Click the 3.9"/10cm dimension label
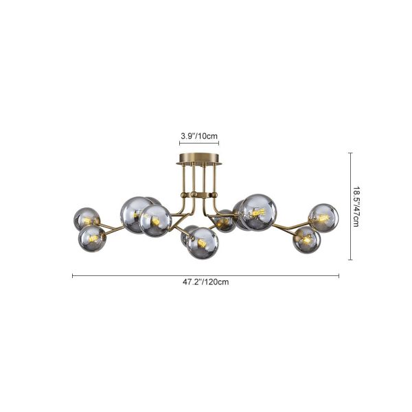click(199, 136)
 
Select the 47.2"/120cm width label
click(206, 282)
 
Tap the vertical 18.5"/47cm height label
click(356, 207)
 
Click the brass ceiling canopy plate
click(199, 159)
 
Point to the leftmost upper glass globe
click(87, 219)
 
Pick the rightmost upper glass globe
click(323, 218)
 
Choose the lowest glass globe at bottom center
click(203, 243)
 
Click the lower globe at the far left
click(92, 238)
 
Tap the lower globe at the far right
click(307, 240)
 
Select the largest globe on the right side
click(258, 212)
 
